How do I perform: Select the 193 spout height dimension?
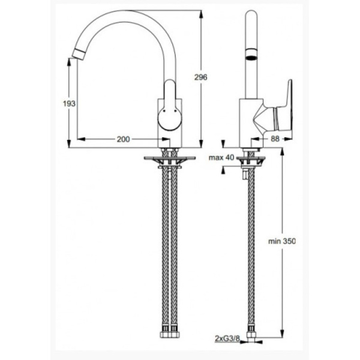coord(69,103)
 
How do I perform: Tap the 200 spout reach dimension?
coord(122,139)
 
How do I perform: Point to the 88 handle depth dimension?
coord(276,139)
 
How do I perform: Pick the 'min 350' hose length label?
coord(282,241)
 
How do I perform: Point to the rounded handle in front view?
coord(170,108)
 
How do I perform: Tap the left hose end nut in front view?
coord(163,335)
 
